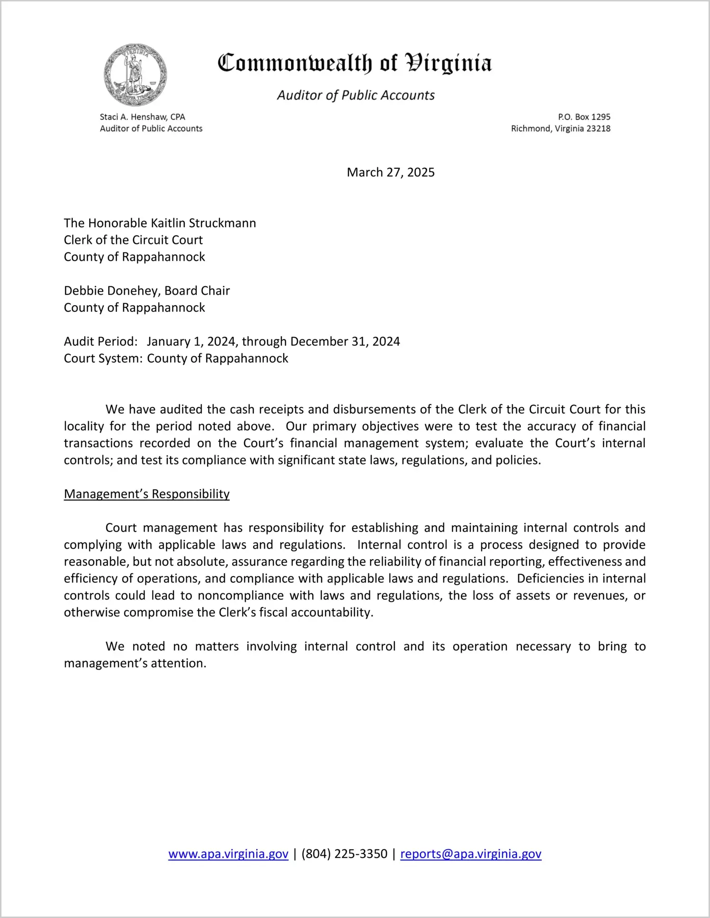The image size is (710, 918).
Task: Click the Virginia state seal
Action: click(135, 75)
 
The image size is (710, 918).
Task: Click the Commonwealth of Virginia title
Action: click(355, 63)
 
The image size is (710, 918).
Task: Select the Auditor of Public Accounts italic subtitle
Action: click(355, 95)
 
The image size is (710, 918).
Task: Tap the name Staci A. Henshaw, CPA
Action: click(142, 117)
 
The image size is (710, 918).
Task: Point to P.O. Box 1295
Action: click(584, 117)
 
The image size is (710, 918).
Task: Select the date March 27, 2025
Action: click(391, 172)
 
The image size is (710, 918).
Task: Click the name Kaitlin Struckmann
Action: click(203, 223)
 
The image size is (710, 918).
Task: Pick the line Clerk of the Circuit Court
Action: click(133, 240)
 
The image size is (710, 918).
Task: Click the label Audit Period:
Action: click(101, 341)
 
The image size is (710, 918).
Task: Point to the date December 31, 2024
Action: click(345, 341)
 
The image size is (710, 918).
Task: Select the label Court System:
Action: click(103, 358)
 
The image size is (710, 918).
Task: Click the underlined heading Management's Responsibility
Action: click(146, 494)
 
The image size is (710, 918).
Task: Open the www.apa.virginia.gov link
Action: click(228, 854)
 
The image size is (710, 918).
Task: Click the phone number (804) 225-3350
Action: click(344, 854)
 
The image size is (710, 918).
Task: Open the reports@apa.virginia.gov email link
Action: click(470, 854)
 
